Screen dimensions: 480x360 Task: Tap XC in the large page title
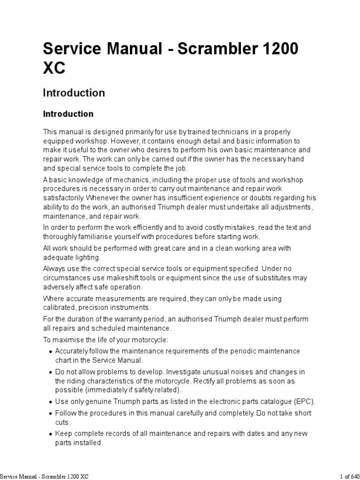pyautogui.click(x=54, y=69)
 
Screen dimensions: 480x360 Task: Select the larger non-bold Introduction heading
pyautogui.click(x=74, y=93)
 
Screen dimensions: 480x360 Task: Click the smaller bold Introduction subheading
pyautogui.click(x=68, y=114)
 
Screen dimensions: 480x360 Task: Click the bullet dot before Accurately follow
pyautogui.click(x=51, y=352)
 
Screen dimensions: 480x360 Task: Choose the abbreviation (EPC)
pyautogui.click(x=305, y=402)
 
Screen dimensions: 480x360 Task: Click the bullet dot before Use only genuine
pyautogui.click(x=51, y=402)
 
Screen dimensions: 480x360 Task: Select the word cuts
pyautogui.click(x=62, y=422)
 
